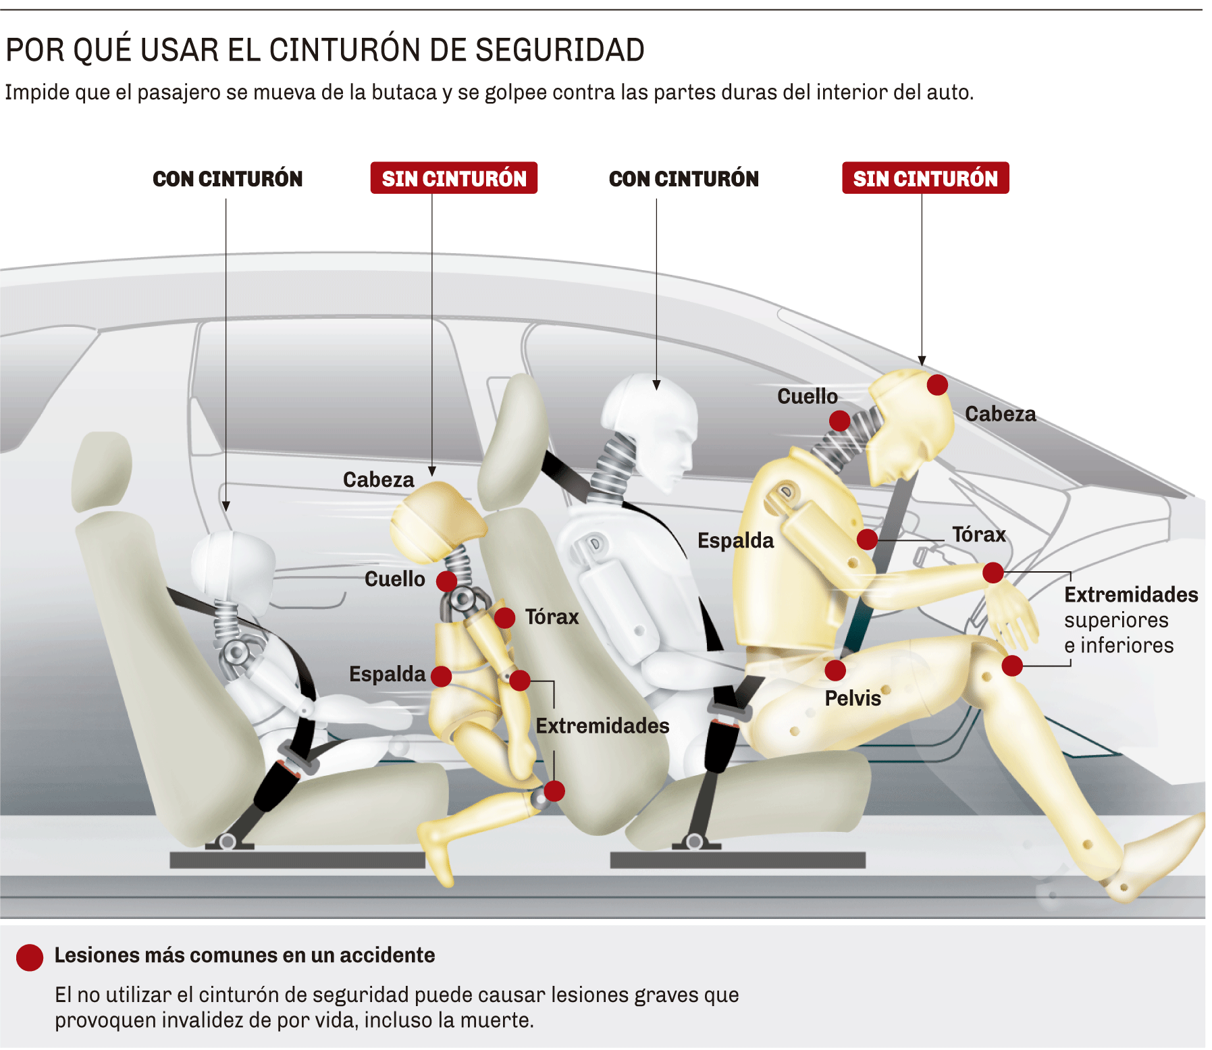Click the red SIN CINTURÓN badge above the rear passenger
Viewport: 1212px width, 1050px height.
point(454,178)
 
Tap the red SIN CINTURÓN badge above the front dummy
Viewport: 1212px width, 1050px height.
point(925,178)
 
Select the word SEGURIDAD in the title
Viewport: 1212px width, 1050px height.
point(560,50)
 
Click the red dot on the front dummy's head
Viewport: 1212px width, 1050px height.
point(937,385)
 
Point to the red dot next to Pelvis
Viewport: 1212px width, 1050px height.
point(835,670)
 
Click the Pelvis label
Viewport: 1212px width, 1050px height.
point(853,698)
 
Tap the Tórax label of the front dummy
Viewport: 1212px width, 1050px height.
point(979,535)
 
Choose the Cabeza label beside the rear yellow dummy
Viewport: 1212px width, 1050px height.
point(378,479)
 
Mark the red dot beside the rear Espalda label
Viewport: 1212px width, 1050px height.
point(441,676)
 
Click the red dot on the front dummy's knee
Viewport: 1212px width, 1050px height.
point(1012,665)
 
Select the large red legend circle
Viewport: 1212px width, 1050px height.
point(30,957)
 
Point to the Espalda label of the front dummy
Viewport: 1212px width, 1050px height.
point(735,540)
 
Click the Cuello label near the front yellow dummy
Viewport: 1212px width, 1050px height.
point(807,396)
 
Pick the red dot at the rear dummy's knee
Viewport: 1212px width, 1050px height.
point(554,791)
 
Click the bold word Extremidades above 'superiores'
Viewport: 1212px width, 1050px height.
point(1131,594)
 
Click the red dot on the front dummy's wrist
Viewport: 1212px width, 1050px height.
point(993,573)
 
